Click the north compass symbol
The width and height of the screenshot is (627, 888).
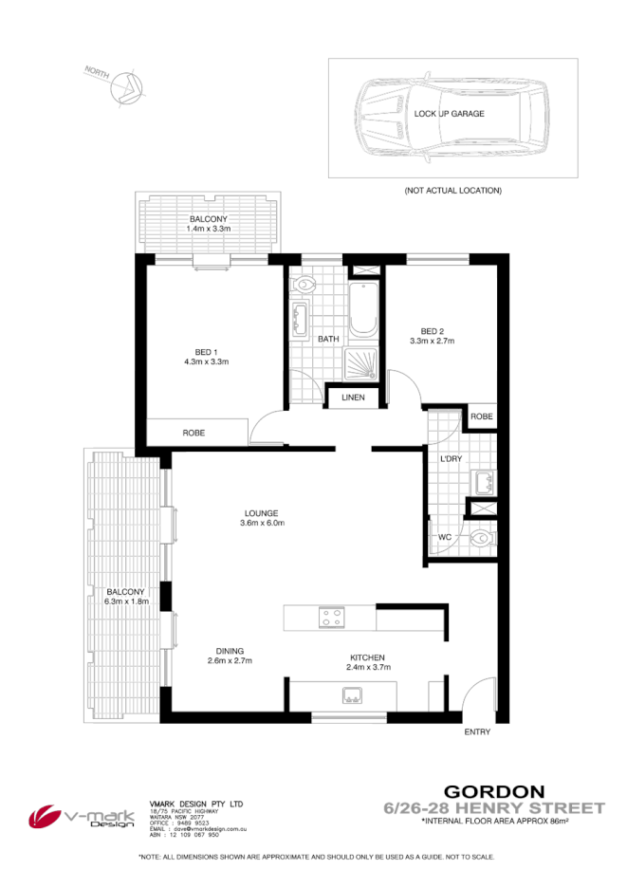(x=124, y=88)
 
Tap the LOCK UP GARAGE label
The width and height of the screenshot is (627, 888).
(x=449, y=113)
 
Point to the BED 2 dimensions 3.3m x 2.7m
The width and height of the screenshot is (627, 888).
(x=433, y=341)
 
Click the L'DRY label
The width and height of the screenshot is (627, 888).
(x=451, y=460)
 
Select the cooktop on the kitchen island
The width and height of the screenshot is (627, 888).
(x=331, y=618)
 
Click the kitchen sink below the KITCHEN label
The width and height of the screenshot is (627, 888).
(x=353, y=696)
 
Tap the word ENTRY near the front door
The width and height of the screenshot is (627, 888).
(x=478, y=732)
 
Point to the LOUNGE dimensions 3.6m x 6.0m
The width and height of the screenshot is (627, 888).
(x=262, y=523)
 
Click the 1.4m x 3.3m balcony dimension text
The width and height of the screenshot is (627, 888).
(x=208, y=229)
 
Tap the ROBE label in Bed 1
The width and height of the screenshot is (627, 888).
(x=194, y=433)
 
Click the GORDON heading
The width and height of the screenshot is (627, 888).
(x=494, y=790)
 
